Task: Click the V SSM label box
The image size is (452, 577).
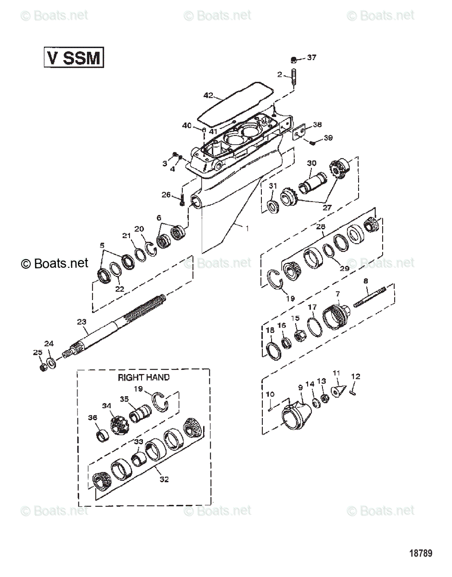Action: coord(74,58)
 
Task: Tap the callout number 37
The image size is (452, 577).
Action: coord(311,58)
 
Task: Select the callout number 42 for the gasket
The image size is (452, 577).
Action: coord(208,95)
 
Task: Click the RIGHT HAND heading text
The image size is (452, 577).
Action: coord(143,377)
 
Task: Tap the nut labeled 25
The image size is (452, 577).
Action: coord(42,367)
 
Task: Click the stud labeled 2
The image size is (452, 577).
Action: coord(293,78)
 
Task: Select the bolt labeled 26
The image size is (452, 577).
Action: coord(182,201)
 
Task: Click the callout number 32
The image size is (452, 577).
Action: coord(164,479)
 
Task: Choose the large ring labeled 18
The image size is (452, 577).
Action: coord(273,350)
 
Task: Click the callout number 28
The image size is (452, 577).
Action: coord(320,226)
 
